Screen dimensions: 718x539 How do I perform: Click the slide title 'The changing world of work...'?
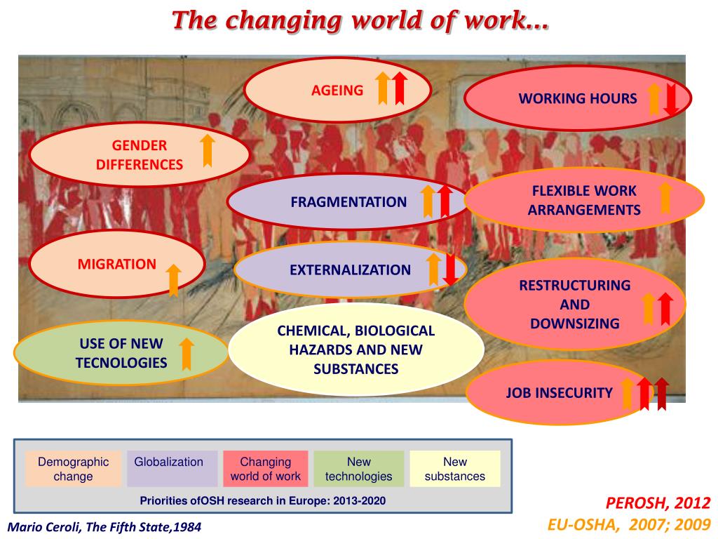coord(360,20)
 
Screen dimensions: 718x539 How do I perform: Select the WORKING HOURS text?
coord(578,99)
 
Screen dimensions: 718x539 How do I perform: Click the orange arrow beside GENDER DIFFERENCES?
coord(207,151)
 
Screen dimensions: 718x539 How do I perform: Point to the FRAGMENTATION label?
coord(348,202)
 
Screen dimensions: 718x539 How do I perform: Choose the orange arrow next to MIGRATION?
coord(174,279)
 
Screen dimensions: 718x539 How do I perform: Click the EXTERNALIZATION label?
coord(350,270)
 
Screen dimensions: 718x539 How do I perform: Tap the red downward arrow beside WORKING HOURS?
coord(671,100)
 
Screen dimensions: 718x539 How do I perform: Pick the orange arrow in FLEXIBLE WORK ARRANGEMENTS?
coord(665,198)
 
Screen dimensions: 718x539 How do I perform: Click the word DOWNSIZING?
coord(574,324)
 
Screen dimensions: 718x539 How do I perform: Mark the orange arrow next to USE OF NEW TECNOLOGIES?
coord(187,354)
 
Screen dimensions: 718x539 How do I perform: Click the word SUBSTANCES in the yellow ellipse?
coord(355,369)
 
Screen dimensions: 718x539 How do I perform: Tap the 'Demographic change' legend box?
coord(73,469)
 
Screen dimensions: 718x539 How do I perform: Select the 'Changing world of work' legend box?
coord(265,469)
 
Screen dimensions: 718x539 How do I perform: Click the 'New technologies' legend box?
coord(358,469)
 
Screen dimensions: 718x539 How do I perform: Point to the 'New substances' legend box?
coord(454,469)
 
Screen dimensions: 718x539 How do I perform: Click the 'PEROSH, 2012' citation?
coord(658,503)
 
